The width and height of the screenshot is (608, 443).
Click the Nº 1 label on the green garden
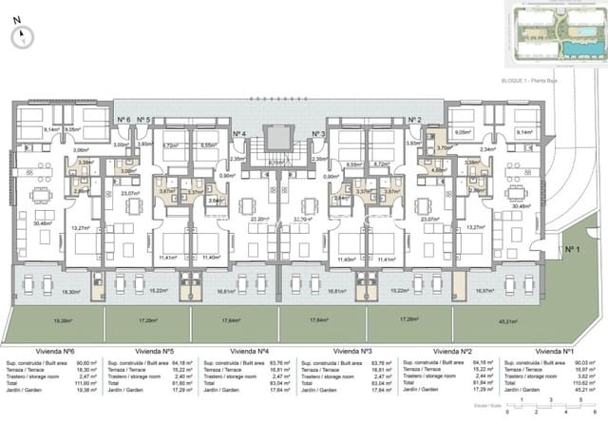(x=572, y=248)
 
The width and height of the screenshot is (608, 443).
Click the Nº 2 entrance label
(x=414, y=120)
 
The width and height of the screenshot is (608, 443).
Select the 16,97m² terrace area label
(x=486, y=291)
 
